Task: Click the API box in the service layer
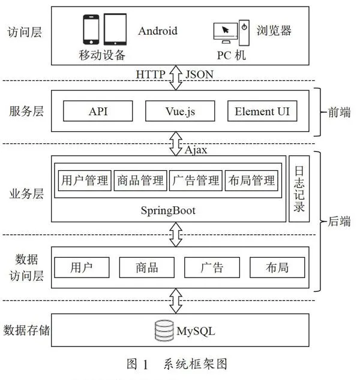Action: (x=98, y=111)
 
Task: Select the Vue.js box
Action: (x=180, y=111)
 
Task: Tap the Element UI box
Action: (x=262, y=111)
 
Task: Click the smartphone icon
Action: (x=91, y=29)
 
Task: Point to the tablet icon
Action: (x=115, y=29)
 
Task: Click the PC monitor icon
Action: (x=226, y=33)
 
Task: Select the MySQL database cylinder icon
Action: (x=164, y=330)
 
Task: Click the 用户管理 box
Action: (x=85, y=180)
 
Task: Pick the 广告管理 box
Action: (x=196, y=180)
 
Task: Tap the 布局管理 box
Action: (x=251, y=180)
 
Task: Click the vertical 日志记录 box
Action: (x=299, y=189)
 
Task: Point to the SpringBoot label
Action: (x=168, y=210)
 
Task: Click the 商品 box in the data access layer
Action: (x=147, y=267)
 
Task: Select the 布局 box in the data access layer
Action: (x=277, y=267)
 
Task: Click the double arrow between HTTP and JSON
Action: (x=176, y=77)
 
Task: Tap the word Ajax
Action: (x=196, y=150)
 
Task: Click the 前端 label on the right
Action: (x=339, y=112)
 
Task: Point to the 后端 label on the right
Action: (x=339, y=221)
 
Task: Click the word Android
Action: (x=158, y=31)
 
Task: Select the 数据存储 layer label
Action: (x=26, y=330)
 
